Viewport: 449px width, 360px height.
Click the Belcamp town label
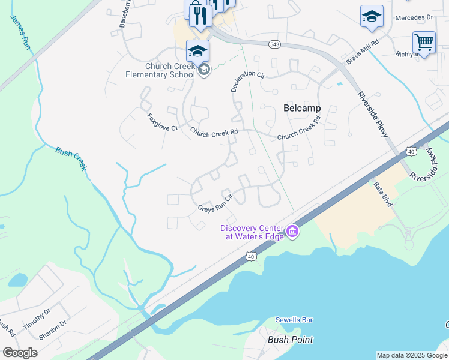point(301,108)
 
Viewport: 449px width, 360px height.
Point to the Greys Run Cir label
point(215,203)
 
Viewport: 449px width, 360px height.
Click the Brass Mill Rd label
point(363,52)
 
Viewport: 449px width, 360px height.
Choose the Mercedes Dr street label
point(414,18)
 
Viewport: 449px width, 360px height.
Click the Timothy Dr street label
point(37,318)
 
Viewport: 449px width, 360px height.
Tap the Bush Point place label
point(291,340)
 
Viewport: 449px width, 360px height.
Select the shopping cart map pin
point(424,43)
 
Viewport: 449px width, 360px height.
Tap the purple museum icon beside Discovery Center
point(292,231)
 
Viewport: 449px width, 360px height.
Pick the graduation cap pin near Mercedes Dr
point(372,16)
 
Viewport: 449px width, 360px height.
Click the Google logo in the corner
point(20,353)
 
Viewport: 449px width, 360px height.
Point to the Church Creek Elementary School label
point(160,71)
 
